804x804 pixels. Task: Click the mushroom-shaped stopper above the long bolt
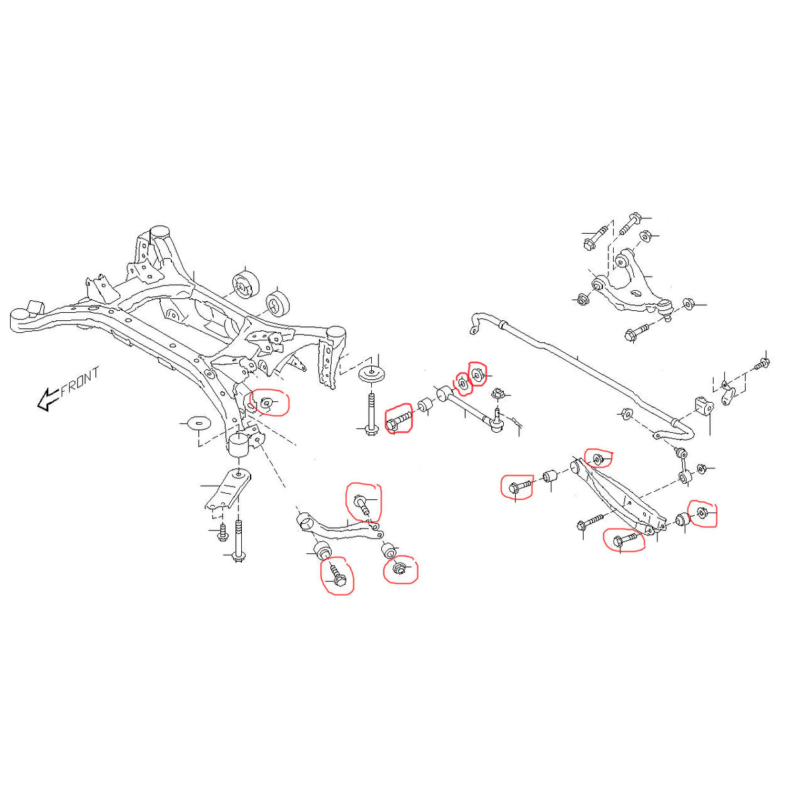[x=372, y=374]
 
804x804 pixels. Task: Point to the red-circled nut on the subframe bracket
[x=266, y=402]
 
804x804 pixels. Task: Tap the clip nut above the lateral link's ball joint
[x=498, y=393]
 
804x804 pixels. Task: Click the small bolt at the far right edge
[x=762, y=363]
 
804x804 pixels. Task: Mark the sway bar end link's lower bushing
[x=685, y=477]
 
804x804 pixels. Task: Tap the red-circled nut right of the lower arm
[x=702, y=513]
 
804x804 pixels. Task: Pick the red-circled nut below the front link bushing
[x=398, y=569]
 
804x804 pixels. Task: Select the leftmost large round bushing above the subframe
[x=245, y=287]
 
